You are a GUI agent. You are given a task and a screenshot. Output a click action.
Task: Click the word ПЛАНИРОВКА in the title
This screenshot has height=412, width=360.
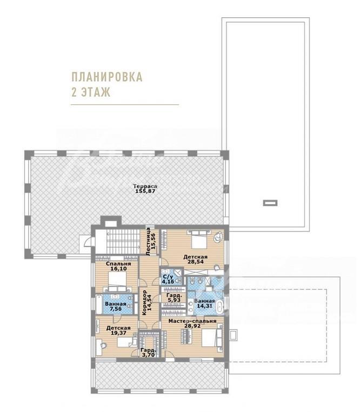(x=107, y=77)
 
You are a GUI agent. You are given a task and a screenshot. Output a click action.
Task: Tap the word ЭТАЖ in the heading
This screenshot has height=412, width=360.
(x=96, y=92)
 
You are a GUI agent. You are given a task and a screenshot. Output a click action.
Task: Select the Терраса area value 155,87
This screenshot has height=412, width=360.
(x=145, y=191)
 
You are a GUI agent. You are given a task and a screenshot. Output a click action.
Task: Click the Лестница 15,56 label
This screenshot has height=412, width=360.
(x=150, y=242)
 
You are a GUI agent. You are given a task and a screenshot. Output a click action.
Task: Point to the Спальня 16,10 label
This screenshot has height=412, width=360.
(x=118, y=266)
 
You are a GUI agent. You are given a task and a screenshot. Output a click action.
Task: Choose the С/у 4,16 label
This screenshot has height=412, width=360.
(x=168, y=280)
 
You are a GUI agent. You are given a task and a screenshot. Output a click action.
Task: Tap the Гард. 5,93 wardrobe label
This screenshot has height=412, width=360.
(x=174, y=297)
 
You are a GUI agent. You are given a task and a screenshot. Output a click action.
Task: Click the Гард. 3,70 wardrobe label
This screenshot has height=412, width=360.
(x=148, y=353)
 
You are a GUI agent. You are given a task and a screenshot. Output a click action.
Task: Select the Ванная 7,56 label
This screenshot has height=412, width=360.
(x=116, y=307)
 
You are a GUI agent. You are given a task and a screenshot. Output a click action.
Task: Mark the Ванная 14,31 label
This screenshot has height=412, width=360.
(x=205, y=303)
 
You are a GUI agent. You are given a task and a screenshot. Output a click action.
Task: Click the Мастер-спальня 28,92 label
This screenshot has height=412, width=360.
(x=192, y=323)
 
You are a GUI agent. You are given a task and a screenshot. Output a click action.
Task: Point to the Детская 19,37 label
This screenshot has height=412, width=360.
(x=118, y=330)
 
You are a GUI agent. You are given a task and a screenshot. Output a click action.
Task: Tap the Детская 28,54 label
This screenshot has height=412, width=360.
(x=196, y=260)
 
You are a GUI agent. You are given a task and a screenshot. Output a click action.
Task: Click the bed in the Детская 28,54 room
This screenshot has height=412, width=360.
(x=199, y=240)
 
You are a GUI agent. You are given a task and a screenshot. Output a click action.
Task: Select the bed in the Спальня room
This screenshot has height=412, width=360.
(x=118, y=282)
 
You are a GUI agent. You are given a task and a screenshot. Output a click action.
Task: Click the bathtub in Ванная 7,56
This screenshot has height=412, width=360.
(x=99, y=304)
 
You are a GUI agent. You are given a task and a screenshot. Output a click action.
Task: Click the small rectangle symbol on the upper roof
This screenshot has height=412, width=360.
(x=270, y=203)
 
